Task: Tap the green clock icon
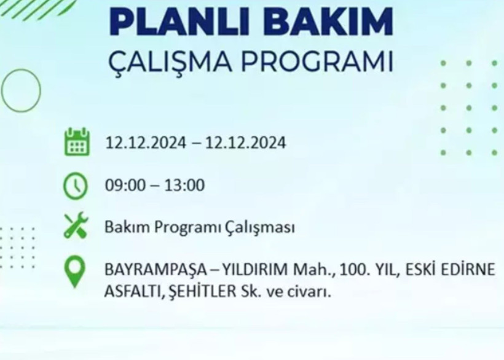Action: (76, 185)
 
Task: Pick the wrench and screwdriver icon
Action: (76, 225)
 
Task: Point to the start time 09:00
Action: (123, 186)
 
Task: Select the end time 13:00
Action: (184, 186)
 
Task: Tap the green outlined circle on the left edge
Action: (21, 90)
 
